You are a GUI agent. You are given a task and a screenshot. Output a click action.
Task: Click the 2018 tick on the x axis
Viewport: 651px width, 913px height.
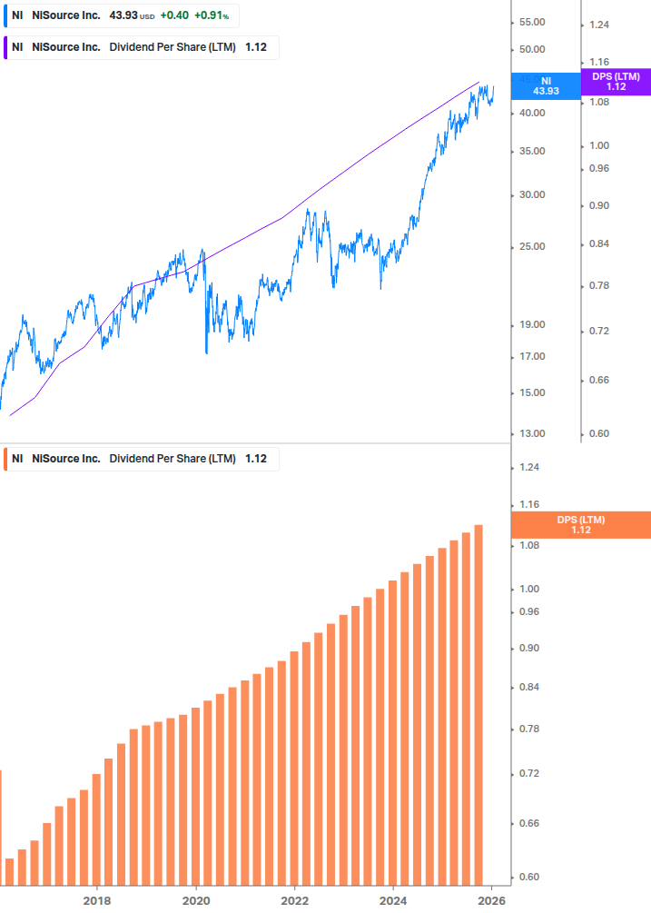coord(97,901)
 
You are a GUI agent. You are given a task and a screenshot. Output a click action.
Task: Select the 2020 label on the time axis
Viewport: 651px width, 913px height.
coord(196,901)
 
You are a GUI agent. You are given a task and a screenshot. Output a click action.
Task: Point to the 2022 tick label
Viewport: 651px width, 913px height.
coord(295,901)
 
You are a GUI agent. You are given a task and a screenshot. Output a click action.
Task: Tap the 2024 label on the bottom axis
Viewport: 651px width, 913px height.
coord(394,901)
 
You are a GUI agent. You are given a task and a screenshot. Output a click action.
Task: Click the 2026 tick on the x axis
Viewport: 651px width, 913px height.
coord(491,901)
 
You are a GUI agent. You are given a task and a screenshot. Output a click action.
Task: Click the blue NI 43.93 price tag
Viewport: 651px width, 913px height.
coord(546,86)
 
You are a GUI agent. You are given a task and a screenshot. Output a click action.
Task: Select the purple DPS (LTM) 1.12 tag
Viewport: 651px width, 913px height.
coord(616,82)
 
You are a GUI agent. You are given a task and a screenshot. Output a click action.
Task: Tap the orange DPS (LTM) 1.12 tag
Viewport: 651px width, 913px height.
coord(581,524)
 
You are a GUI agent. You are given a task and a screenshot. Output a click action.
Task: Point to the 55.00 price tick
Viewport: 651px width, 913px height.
coord(530,22)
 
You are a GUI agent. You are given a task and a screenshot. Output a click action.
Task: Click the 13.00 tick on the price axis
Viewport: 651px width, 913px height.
coord(530,433)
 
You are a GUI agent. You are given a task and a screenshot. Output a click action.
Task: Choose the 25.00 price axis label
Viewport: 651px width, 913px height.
coord(530,246)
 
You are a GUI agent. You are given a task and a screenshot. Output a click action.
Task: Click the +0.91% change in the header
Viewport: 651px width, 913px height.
coord(212,15)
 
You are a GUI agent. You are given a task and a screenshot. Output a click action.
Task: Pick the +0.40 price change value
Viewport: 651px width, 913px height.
coord(174,15)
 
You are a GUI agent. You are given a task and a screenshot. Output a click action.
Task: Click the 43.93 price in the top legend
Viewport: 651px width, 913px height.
coord(123,15)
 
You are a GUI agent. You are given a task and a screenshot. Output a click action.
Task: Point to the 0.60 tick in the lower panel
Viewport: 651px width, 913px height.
coord(530,877)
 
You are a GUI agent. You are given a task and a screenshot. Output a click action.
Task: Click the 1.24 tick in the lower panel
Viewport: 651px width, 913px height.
coord(530,467)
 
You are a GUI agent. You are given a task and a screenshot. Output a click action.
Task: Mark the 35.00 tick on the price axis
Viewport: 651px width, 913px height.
coord(530,151)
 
